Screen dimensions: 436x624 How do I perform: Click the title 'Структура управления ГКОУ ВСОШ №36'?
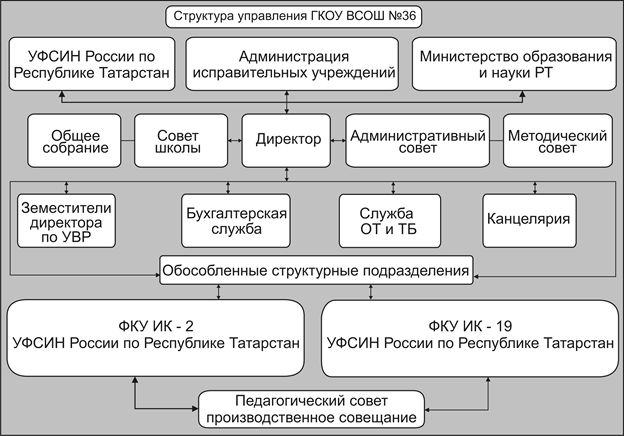coord(312,17)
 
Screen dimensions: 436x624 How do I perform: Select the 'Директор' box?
coord(287,140)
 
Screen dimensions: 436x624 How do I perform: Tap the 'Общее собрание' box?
coord(69,141)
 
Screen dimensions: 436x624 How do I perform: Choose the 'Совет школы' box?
coord(181,141)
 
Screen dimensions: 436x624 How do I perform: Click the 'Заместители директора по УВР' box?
coord(67,220)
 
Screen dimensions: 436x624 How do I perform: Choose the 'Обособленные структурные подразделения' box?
coord(315,269)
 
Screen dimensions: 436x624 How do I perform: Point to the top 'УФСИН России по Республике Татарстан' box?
coord(91,64)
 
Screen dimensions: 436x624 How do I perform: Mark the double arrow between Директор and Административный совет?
coord(339,140)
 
